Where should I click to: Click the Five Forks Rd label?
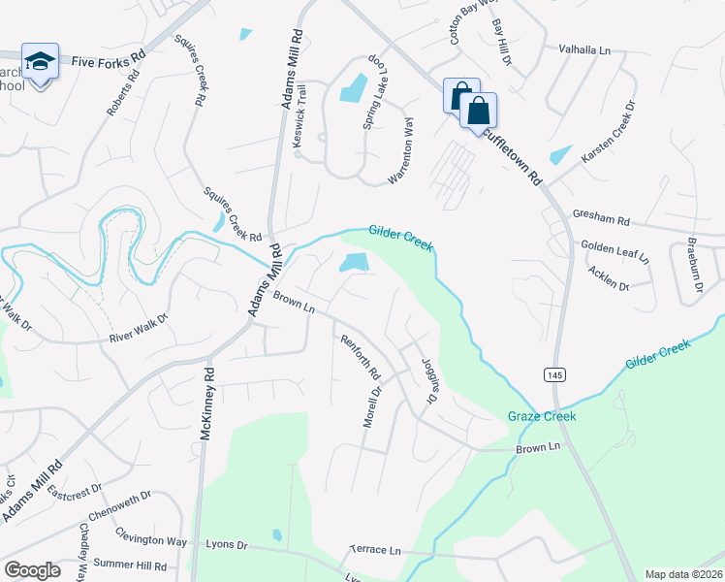(x=108, y=60)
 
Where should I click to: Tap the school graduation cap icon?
(x=40, y=62)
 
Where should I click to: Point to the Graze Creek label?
(x=542, y=416)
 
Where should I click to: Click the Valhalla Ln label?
(x=584, y=48)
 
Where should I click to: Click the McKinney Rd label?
(x=205, y=404)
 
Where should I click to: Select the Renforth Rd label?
(x=360, y=357)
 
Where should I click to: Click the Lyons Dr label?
(x=228, y=544)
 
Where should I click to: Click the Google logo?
(x=32, y=570)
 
